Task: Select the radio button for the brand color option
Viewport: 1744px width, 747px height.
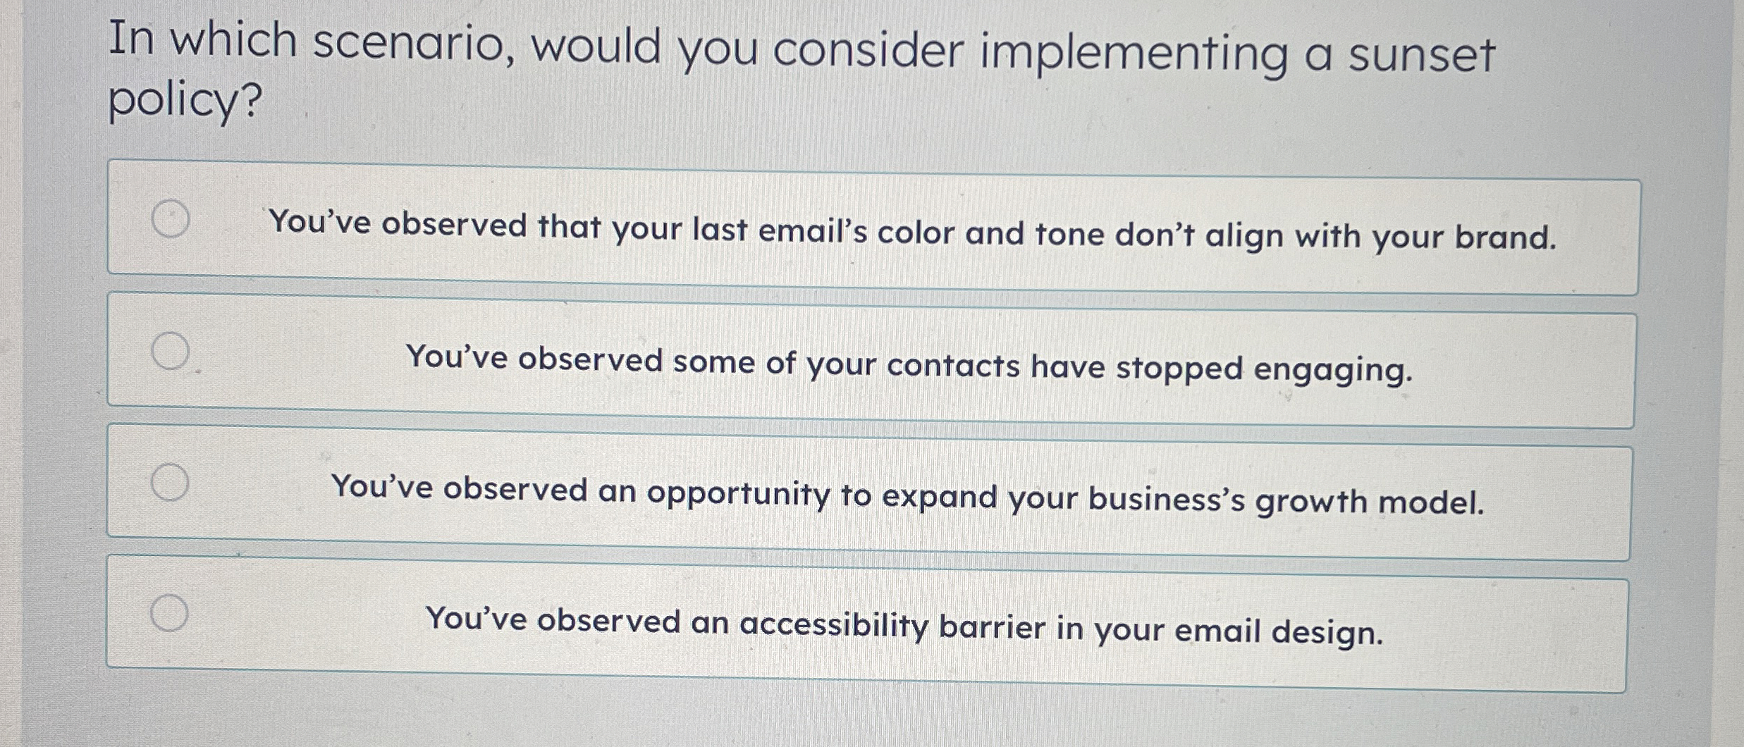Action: tap(171, 219)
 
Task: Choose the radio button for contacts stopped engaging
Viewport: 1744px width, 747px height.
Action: tap(171, 351)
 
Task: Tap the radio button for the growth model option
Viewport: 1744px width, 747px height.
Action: tap(170, 482)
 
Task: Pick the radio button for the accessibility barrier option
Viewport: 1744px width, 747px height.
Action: tap(169, 613)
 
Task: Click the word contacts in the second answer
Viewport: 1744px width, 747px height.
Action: tap(952, 365)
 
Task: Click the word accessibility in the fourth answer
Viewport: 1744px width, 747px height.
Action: tap(834, 625)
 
